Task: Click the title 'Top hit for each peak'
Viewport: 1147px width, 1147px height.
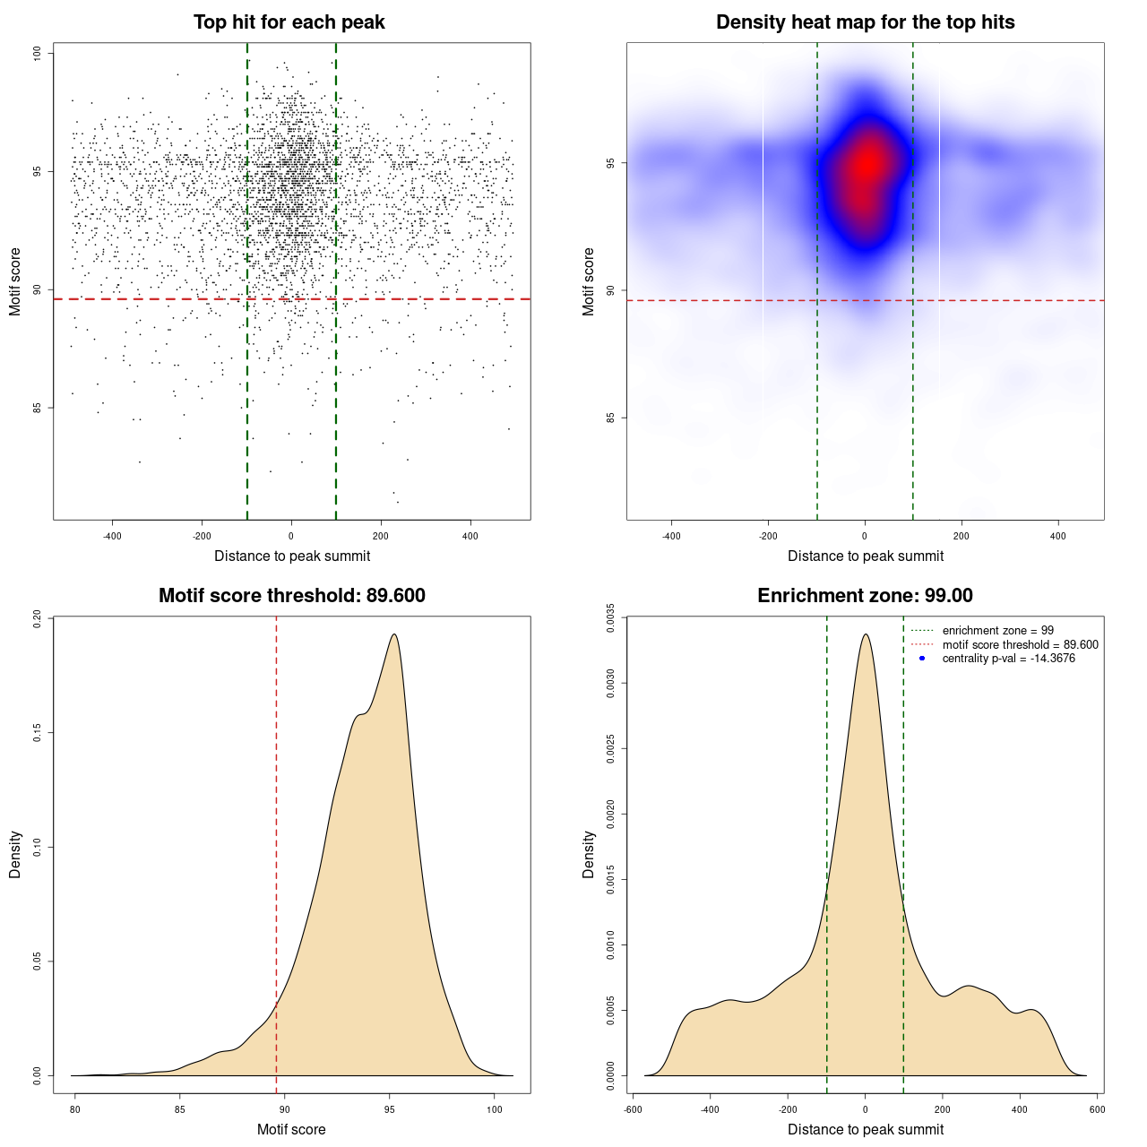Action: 289,22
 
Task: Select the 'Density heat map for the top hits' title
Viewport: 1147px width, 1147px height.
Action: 865,22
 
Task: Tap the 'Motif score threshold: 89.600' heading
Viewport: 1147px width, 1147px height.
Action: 291,596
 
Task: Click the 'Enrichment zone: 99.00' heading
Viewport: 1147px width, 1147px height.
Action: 865,596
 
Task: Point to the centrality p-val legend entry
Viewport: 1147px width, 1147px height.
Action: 1008,659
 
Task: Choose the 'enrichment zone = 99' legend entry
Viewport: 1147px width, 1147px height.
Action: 997,631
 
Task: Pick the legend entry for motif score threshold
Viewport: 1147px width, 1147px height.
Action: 1020,645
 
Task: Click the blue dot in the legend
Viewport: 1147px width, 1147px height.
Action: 922,659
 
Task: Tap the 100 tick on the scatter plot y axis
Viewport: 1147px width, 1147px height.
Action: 38,54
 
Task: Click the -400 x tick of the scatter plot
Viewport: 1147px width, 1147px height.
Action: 112,537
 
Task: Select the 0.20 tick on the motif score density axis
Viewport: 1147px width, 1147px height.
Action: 38,618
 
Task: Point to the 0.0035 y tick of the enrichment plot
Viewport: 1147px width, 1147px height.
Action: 611,618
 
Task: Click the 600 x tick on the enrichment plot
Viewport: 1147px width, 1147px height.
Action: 1097,1109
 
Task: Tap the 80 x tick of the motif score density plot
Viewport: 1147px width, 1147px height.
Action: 75,1109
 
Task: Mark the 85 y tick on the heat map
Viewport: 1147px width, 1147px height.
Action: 611,418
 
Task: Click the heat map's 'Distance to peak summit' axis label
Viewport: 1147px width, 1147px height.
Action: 865,556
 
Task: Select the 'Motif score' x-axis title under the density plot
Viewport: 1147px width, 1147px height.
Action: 291,1130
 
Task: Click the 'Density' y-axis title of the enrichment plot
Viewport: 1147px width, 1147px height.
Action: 589,854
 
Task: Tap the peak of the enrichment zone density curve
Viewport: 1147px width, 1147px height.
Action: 865,634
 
